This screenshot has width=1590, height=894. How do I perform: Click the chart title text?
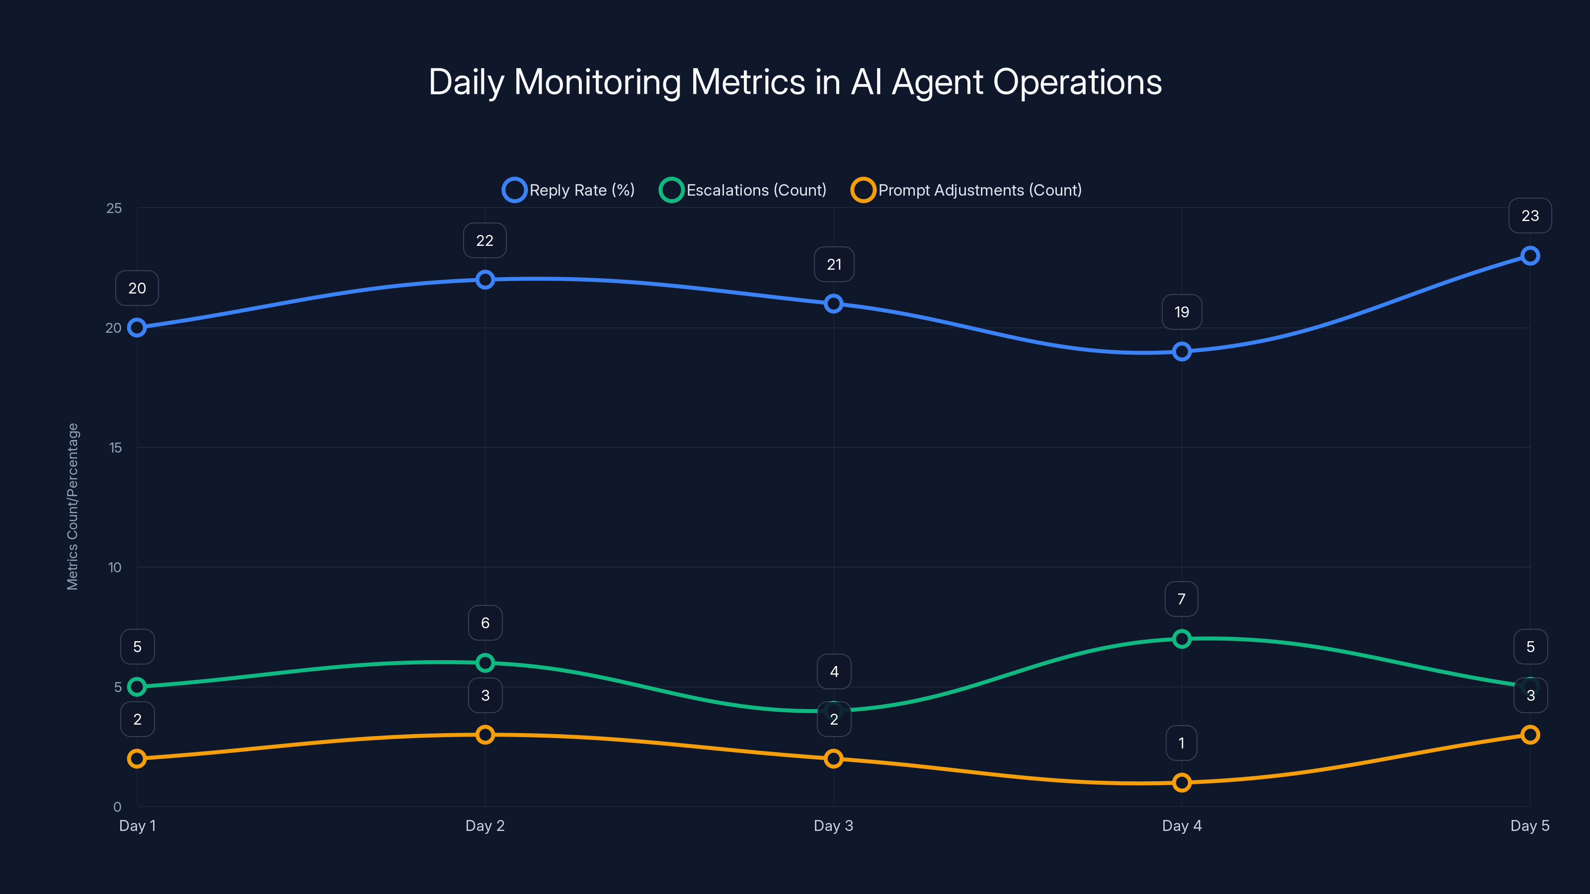(x=795, y=82)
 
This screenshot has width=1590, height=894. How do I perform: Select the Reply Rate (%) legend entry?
(x=568, y=190)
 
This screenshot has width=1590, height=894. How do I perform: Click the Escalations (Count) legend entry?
(x=743, y=190)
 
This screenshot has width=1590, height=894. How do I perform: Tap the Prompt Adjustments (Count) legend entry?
(x=966, y=190)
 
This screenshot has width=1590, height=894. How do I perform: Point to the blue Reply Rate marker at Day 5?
(x=1529, y=255)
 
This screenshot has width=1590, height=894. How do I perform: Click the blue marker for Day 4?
(x=1182, y=352)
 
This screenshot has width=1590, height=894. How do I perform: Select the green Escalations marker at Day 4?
(x=1182, y=639)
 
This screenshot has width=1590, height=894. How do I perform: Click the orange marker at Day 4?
(x=1182, y=782)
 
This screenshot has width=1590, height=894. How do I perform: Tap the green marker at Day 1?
(x=137, y=687)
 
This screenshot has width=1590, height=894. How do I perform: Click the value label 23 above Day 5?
(x=1529, y=216)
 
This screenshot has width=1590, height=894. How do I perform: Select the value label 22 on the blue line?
(x=484, y=240)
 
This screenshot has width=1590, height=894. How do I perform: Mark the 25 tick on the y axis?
(x=114, y=208)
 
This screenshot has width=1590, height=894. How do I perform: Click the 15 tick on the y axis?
(x=115, y=447)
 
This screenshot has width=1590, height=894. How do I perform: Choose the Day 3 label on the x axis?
(x=833, y=825)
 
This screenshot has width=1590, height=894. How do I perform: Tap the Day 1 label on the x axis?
(x=137, y=825)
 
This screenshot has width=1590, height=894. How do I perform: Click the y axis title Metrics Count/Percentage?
(x=73, y=506)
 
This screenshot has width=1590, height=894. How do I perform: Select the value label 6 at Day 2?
(x=485, y=623)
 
